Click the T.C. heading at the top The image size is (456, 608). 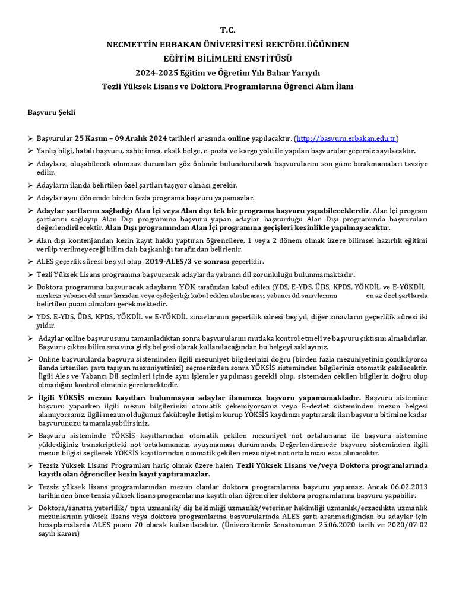point(227,30)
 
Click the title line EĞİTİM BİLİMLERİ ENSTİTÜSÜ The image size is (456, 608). point(227,58)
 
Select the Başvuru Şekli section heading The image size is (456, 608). point(52,112)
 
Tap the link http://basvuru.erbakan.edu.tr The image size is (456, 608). point(347,138)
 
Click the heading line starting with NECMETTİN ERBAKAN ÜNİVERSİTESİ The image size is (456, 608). point(227,45)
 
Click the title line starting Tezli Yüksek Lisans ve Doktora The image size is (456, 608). point(227,87)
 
